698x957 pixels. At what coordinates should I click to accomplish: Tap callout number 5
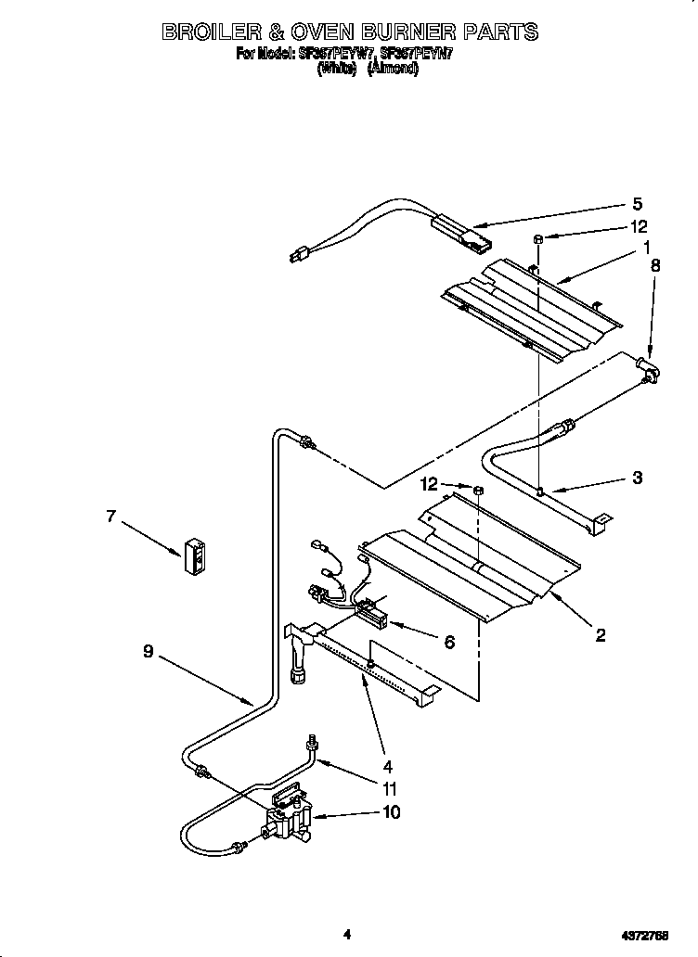tap(637, 204)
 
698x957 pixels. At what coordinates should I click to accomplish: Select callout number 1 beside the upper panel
tap(644, 248)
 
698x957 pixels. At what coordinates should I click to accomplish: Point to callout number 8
tap(654, 265)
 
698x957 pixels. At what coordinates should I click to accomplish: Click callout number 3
tap(637, 478)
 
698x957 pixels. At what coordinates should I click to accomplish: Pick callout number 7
tap(111, 517)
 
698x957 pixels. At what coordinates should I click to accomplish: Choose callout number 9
tap(148, 652)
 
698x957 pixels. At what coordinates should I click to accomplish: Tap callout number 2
tap(601, 635)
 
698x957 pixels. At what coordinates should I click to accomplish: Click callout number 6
tap(449, 642)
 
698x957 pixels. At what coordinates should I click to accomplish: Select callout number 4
tap(388, 767)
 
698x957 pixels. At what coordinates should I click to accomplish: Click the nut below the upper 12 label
tap(537, 240)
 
